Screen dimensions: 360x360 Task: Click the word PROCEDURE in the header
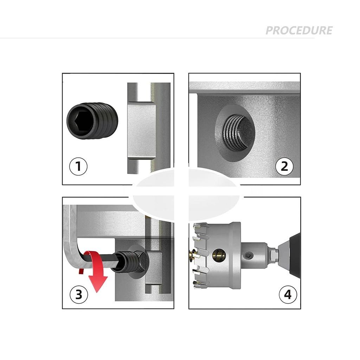299,31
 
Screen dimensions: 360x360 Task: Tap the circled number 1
78,166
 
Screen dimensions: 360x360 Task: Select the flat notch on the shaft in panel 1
141,130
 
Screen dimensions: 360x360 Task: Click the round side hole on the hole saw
219,255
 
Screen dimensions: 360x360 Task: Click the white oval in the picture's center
186,195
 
